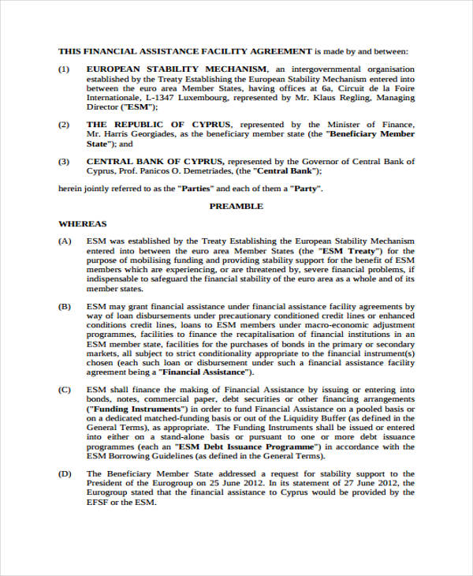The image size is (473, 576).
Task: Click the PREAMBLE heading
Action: [236, 206]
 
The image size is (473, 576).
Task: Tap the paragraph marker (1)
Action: [64, 69]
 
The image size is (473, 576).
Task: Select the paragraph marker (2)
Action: [64, 125]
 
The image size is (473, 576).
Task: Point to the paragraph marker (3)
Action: [64, 162]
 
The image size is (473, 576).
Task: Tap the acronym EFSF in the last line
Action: [100, 502]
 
